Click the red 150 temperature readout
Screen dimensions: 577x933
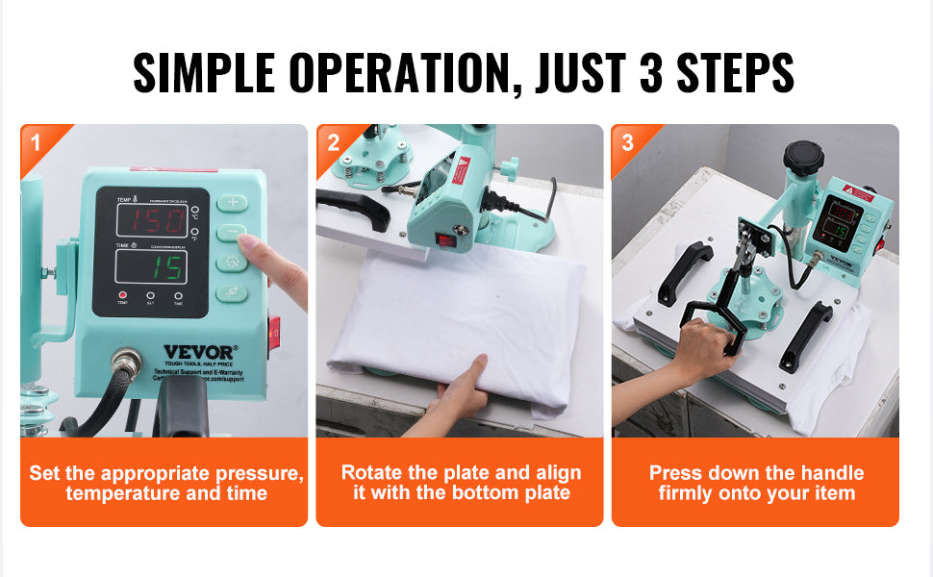click(151, 220)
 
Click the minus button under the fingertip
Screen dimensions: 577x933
click(231, 232)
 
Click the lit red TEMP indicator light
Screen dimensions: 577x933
click(122, 294)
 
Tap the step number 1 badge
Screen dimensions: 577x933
click(36, 143)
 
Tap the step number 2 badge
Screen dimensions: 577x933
click(333, 143)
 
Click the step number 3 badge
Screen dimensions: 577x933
click(628, 143)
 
